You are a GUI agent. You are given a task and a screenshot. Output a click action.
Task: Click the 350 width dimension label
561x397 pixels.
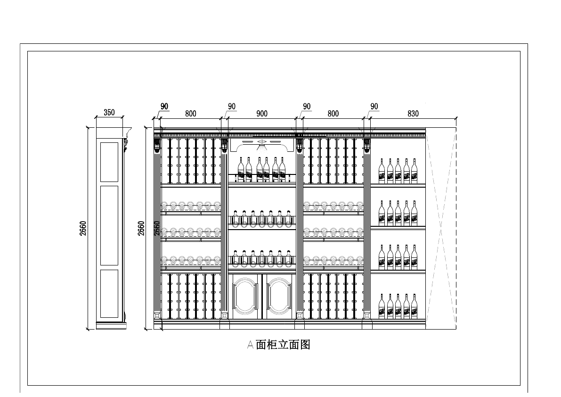[109, 113]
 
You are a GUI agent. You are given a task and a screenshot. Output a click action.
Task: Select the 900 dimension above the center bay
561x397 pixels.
[262, 114]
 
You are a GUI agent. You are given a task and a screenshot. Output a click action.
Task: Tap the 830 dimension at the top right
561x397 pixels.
[413, 114]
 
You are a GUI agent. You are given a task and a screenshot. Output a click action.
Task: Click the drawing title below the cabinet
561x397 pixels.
[279, 345]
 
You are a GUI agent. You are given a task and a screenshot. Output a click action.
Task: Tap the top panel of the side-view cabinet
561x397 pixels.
[109, 161]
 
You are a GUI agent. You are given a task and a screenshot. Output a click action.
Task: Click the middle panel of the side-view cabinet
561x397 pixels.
[109, 225]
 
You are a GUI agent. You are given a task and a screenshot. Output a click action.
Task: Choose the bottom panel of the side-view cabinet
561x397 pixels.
[109, 293]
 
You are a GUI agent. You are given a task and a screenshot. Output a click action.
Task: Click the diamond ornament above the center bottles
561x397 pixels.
[262, 142]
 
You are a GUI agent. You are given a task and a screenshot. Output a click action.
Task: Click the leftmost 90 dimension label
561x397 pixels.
[164, 107]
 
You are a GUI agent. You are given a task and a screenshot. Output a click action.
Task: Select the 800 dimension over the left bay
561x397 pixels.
[191, 114]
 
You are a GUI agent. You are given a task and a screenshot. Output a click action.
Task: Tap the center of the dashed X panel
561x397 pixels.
[441, 228]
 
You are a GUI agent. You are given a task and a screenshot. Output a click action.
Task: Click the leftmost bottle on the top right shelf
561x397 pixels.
[382, 171]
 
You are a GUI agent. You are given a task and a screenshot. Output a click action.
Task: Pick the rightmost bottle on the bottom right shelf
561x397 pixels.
[414, 306]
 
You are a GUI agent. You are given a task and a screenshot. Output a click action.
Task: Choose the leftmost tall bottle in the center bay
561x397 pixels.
[241, 170]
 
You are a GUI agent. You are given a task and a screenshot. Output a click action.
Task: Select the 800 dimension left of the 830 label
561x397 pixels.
[333, 114]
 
